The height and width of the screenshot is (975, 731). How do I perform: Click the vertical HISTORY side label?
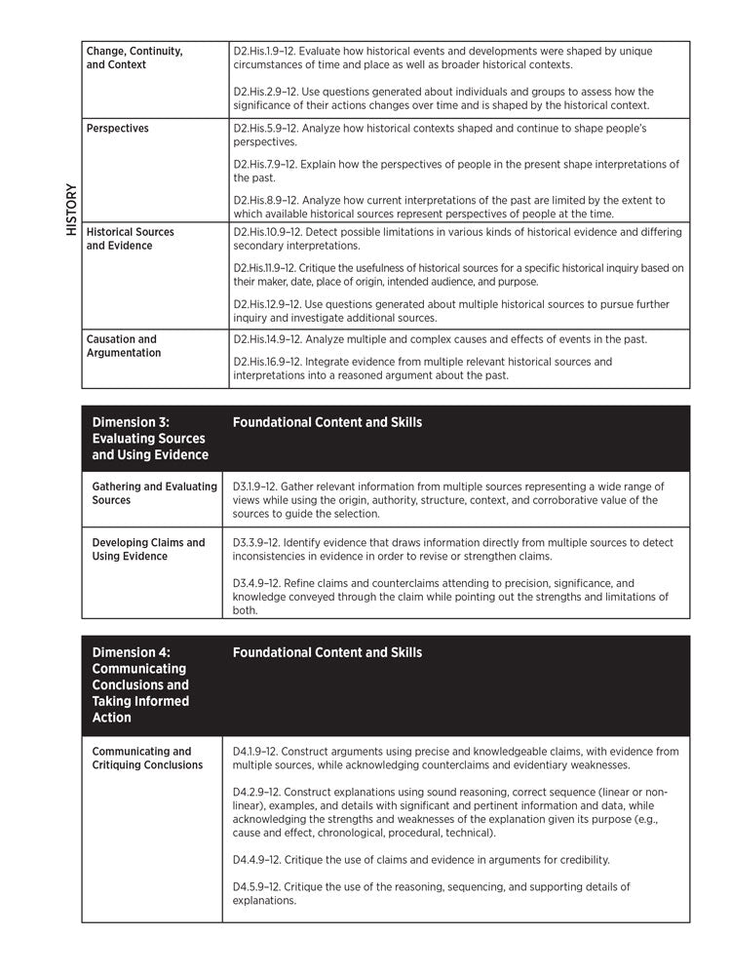70,211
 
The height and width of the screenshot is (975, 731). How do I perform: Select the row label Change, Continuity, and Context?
135,58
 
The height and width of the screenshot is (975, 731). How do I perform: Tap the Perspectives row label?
118,129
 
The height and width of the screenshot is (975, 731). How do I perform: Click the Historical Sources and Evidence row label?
131,239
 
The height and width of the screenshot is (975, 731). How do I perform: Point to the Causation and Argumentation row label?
124,346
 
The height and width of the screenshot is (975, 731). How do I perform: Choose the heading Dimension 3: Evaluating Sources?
150,439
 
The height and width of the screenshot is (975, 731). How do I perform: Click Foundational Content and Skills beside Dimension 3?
327,423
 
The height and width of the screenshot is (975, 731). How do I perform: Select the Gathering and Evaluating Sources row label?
155,493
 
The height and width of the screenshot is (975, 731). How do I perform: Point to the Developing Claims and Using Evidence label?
149,550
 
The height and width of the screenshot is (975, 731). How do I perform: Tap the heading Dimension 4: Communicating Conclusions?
140,684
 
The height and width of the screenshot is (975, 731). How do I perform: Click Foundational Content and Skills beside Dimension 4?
327,652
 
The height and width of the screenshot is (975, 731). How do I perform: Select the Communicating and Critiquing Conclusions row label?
147,759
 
